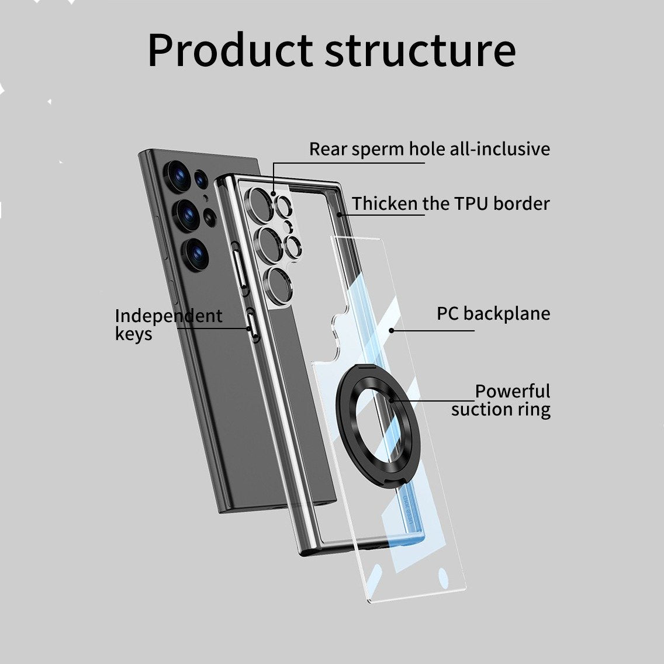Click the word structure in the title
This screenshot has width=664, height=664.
pyautogui.click(x=420, y=50)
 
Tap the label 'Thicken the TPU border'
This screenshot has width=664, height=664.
pyautogui.click(x=451, y=203)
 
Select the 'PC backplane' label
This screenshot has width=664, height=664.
pyautogui.click(x=493, y=313)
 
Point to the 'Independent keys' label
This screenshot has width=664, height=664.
pyautogui.click(x=168, y=324)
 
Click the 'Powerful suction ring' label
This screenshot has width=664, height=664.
pyautogui.click(x=501, y=400)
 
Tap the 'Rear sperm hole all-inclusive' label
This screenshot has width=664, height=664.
pyautogui.click(x=430, y=149)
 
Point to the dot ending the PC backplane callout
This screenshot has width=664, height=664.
pyautogui.click(x=392, y=330)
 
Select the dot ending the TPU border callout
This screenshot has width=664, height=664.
pyautogui.click(x=340, y=215)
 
